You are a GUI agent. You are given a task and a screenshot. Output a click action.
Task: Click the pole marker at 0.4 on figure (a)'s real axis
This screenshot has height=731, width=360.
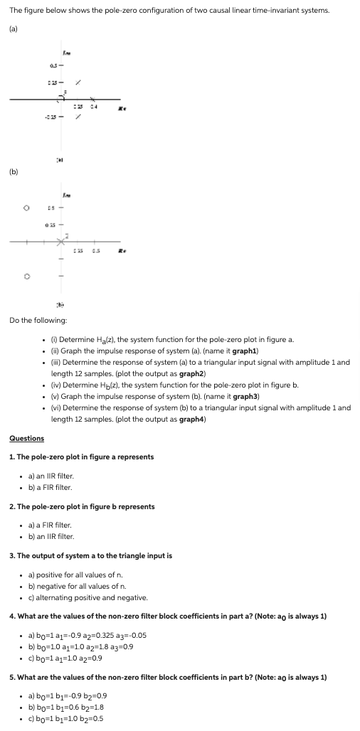tap(92, 100)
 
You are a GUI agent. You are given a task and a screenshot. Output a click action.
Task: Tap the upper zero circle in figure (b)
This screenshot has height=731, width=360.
tap(26, 208)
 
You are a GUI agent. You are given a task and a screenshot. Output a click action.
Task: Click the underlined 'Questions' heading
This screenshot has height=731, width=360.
tap(26, 438)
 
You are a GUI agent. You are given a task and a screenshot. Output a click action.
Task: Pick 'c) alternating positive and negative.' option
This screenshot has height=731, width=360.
tap(78, 597)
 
